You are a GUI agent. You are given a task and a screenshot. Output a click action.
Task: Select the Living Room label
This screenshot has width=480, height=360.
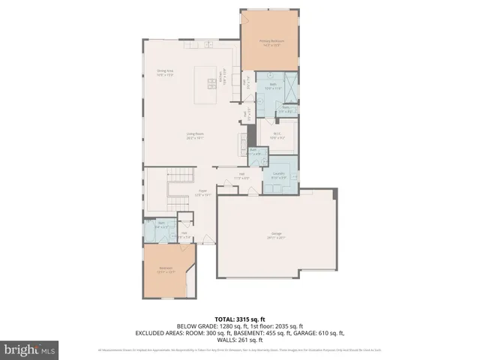click(x=195, y=136)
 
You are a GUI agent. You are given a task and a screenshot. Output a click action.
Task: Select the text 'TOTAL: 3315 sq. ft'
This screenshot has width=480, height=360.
click(x=239, y=318)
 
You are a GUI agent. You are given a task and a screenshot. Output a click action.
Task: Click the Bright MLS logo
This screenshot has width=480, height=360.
click(x=30, y=349)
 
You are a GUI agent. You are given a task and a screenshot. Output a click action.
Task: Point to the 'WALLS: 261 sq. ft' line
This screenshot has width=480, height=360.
click(x=239, y=340)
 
